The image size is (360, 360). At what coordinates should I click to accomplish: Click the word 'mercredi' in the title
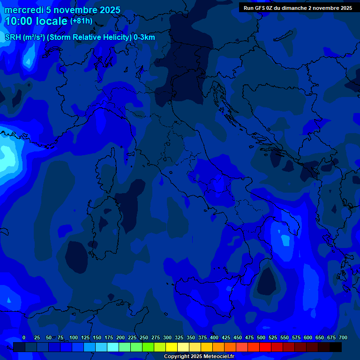(x=24, y=10)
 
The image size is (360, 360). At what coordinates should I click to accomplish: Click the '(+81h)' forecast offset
(x=81, y=21)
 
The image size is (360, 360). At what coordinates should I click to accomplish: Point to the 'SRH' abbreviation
(x=13, y=37)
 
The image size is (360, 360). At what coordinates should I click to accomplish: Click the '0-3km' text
(x=144, y=37)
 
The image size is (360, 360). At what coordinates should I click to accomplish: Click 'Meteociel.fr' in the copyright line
(x=217, y=357)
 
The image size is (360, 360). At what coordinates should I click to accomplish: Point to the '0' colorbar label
(x=24, y=337)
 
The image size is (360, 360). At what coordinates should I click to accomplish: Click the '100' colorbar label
(x=74, y=337)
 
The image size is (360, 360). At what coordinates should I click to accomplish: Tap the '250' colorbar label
(x=144, y=337)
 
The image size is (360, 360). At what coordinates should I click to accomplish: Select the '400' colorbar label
(x=214, y=337)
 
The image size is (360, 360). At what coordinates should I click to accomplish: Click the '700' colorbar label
(x=343, y=337)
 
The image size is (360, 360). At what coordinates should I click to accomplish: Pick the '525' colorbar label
(x=273, y=337)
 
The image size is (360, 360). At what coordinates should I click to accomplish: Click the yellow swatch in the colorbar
(x=172, y=347)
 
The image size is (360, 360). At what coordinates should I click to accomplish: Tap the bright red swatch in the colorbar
(x=265, y=347)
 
